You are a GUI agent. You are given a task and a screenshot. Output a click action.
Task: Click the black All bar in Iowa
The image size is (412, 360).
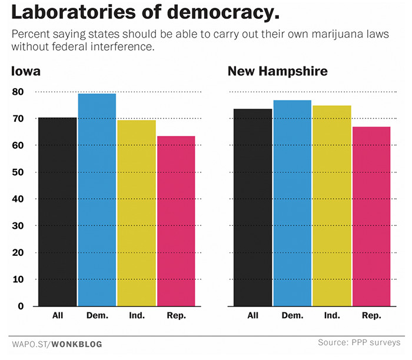point(58,212)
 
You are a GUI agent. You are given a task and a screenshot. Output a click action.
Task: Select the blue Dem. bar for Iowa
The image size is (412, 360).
point(97,200)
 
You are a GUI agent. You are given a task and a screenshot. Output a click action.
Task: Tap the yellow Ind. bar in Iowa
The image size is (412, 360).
point(137,213)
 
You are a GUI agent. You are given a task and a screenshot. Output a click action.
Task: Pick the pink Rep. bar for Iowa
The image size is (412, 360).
point(176,221)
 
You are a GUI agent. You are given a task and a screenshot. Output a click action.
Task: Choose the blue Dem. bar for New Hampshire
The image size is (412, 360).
point(293,204)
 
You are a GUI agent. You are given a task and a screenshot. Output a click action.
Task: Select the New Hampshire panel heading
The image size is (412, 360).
point(278,72)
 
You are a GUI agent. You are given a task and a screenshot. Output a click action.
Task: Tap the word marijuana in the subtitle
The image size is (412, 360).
point(313,34)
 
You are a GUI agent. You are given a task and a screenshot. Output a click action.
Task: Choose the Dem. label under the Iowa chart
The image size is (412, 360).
point(98,316)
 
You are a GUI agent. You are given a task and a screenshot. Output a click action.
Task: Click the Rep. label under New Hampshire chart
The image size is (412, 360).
point(371,316)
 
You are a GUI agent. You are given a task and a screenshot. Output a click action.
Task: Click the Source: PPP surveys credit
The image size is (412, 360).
point(358,342)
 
